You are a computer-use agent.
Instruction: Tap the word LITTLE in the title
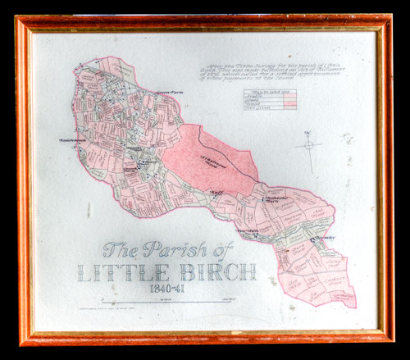point(132,274)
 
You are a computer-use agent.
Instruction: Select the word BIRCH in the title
point(216,272)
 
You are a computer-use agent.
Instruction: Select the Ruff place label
point(216,194)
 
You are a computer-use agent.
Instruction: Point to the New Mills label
point(247,230)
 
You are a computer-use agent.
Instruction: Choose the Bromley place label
point(322,238)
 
